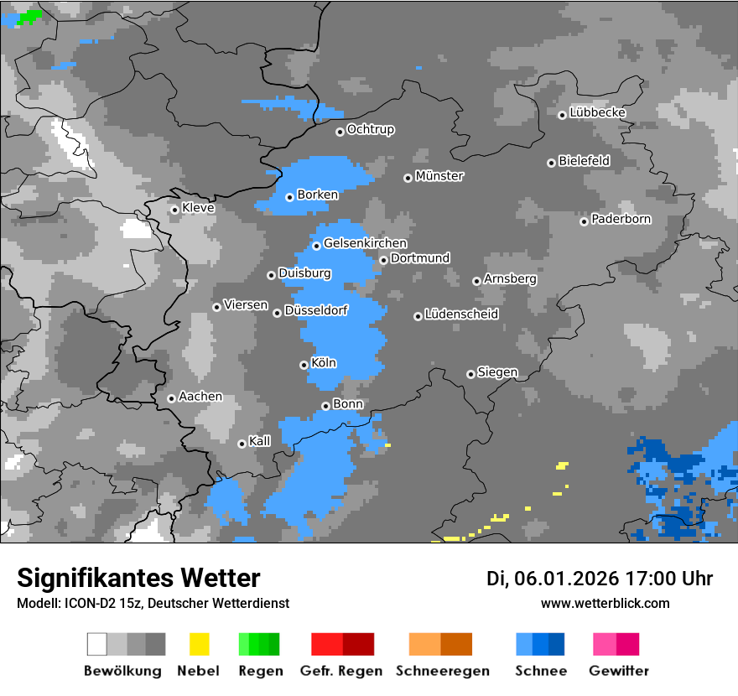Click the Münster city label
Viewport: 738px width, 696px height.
coord(439,176)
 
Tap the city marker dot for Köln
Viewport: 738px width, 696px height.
coord(304,365)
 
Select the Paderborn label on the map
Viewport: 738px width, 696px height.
coord(621,220)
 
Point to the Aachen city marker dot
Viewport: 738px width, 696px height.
coord(171,398)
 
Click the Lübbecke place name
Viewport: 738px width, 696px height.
coord(597,112)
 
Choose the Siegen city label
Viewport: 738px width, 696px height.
coord(497,372)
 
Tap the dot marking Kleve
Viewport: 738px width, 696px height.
coord(174,210)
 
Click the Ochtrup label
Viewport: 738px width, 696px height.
coord(370,130)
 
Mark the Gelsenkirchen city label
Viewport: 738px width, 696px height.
coord(365,244)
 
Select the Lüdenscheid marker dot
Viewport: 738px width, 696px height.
coord(418,316)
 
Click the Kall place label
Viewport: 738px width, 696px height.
coord(260,441)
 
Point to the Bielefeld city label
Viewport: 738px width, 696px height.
coord(584,161)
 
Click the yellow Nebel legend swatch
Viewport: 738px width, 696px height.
coord(199,644)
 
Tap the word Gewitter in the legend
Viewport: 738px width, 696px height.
coord(618,671)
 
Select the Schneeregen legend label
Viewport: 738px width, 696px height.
coord(442,671)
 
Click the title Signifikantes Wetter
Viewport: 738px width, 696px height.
coord(138,578)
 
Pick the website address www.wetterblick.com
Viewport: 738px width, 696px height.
coord(605,603)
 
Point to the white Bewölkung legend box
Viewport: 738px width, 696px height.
coord(97,644)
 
